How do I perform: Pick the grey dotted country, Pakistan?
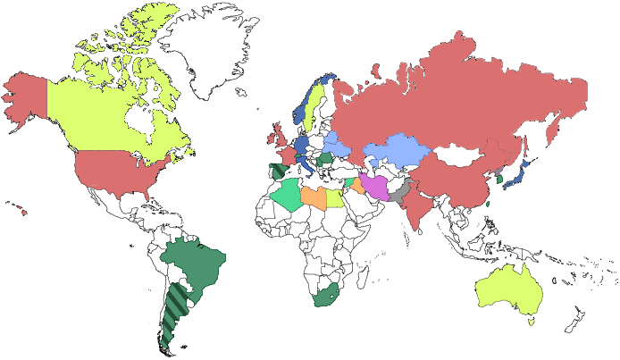coord(401,192)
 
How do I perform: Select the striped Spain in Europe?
coord(279,169)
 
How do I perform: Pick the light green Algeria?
coord(289,192)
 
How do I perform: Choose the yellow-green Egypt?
coord(335,197)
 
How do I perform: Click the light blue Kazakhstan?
coord(398,152)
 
